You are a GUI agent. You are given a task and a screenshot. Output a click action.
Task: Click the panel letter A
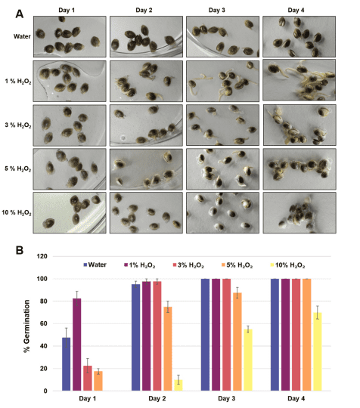[x=19, y=14]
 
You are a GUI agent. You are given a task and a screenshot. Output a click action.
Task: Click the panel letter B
[x=20, y=250]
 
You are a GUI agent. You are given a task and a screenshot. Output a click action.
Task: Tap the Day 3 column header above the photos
[x=216, y=10]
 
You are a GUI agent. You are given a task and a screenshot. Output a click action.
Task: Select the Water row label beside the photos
[x=22, y=36]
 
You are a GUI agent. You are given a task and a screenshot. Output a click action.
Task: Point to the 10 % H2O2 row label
[x=17, y=213]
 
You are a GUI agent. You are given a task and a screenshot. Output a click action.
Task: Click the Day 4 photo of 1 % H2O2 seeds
[x=299, y=80]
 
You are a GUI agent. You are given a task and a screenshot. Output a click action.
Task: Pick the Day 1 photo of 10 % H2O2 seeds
[x=70, y=212]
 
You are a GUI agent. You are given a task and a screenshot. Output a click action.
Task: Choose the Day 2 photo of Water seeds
[x=146, y=36]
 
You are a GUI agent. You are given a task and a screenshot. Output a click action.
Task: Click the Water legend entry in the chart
[x=95, y=265]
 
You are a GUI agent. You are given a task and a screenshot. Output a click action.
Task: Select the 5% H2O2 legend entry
[x=237, y=265]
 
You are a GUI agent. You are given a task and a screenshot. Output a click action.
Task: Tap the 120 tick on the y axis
[x=42, y=256]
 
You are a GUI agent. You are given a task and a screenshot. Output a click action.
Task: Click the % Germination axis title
[x=26, y=326]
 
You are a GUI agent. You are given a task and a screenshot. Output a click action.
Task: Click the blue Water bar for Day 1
[x=66, y=364]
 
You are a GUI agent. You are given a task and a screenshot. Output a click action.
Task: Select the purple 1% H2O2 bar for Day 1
[x=77, y=345]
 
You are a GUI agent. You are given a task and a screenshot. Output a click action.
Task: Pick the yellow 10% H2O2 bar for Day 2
[x=178, y=385]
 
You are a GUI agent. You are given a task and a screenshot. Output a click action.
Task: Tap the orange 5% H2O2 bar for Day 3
[x=237, y=342]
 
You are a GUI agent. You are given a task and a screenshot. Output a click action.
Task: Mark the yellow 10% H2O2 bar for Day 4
[x=318, y=351]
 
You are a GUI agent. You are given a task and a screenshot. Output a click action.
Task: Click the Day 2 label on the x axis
[x=157, y=399]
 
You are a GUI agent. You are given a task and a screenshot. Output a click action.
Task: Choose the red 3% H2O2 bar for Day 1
[x=88, y=378]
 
